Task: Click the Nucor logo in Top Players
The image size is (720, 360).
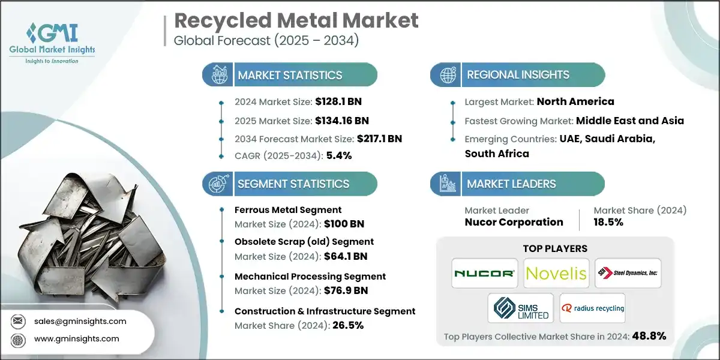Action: pos(485,274)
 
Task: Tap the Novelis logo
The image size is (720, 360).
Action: pos(556,274)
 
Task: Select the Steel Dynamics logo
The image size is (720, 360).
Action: pos(627,273)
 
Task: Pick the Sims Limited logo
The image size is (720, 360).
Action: pos(520,308)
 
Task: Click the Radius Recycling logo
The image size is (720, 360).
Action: pos(592,308)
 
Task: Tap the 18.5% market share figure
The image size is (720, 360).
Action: pos(608,222)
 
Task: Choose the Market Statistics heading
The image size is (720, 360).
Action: pos(290,75)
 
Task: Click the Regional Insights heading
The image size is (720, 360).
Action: pos(518,75)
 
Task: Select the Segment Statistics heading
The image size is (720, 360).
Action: pos(293,184)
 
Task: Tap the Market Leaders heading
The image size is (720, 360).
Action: pos(512,184)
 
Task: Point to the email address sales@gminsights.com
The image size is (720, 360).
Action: pos(81,321)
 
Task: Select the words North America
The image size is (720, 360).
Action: pos(575,101)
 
